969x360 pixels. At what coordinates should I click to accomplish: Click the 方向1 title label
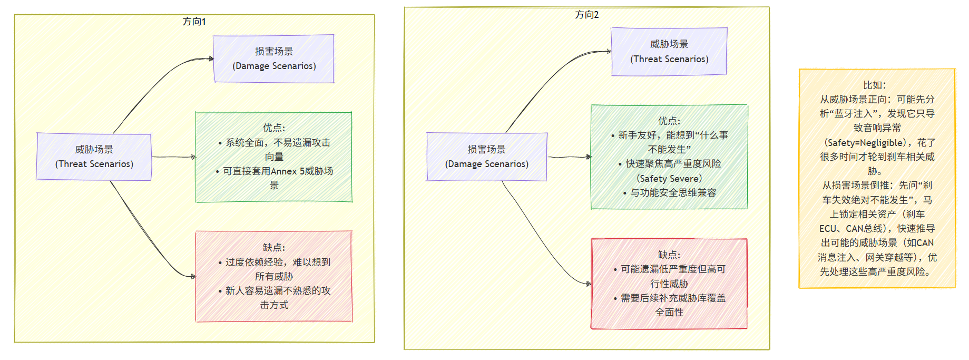[x=194, y=22]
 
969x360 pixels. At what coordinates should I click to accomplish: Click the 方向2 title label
[x=586, y=15]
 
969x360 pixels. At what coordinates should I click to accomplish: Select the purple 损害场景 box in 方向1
[x=273, y=59]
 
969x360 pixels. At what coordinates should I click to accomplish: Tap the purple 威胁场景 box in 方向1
[x=94, y=157]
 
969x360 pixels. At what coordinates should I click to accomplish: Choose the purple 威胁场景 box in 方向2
[x=669, y=52]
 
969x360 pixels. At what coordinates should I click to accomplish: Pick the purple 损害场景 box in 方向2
[x=486, y=157]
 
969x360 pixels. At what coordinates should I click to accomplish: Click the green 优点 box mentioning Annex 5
[x=273, y=157]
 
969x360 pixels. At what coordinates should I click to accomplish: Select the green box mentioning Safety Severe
[x=669, y=157]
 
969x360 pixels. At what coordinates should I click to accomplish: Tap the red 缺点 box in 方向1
[x=273, y=276]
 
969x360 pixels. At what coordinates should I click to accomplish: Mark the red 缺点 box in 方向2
[x=669, y=284]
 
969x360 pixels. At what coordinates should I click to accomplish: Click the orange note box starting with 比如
[x=877, y=178]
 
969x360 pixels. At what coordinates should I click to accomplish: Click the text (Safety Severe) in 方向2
[x=669, y=179]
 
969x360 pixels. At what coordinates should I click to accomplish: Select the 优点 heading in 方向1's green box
[x=273, y=128]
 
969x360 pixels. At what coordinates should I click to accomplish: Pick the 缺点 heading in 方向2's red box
[x=669, y=255]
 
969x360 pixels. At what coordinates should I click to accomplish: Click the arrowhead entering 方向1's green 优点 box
[x=193, y=157]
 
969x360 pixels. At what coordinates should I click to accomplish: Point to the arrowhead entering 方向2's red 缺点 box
[x=589, y=284]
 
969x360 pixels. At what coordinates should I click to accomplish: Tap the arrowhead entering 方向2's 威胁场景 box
[x=609, y=52]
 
